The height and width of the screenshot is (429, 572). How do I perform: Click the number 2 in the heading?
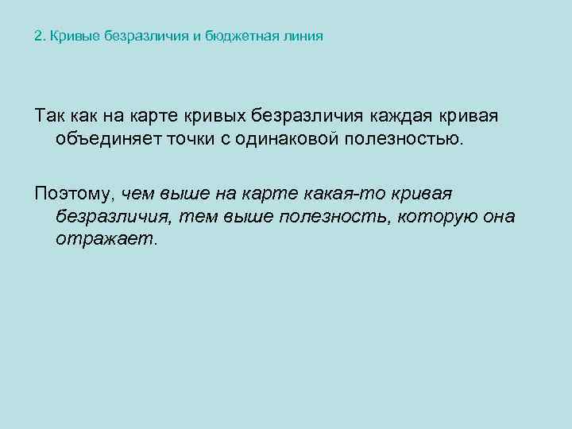click(x=39, y=37)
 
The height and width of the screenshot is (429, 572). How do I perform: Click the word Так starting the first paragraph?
click(x=50, y=117)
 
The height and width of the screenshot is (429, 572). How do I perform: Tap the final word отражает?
click(x=107, y=239)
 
